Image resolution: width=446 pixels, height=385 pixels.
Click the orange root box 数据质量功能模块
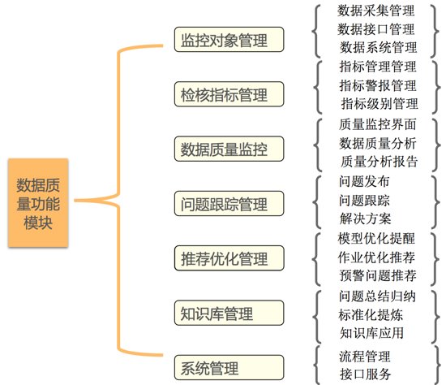(x=38, y=202)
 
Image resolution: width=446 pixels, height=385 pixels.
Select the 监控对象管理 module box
(x=229, y=39)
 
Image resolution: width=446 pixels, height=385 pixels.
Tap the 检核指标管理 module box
(x=229, y=94)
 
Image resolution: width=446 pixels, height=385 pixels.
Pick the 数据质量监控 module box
(x=229, y=149)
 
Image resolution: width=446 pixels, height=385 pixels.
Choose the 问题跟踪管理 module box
(x=229, y=204)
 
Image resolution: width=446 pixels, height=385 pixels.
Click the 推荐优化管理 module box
(x=229, y=258)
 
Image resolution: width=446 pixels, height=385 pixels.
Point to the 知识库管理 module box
(x=229, y=313)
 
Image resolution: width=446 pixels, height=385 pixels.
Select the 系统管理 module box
(x=229, y=367)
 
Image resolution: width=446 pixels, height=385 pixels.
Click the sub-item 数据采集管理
(x=376, y=11)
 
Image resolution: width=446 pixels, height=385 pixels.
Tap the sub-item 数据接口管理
(x=376, y=29)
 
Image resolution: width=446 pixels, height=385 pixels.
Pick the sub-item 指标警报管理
(x=378, y=85)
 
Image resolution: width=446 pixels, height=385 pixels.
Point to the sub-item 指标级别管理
(x=380, y=103)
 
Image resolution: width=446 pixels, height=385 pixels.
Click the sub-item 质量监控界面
(x=378, y=124)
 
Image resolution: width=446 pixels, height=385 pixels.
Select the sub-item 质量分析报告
(x=380, y=162)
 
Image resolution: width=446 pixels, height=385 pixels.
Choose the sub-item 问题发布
(x=364, y=181)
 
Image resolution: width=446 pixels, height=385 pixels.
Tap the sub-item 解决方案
(x=366, y=218)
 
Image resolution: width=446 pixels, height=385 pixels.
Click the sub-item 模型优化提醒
(x=376, y=239)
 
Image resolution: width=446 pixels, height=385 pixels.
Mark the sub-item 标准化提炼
(x=371, y=315)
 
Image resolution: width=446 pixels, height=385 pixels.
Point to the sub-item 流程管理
(x=365, y=357)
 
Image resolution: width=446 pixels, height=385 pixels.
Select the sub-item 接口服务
(x=366, y=374)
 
